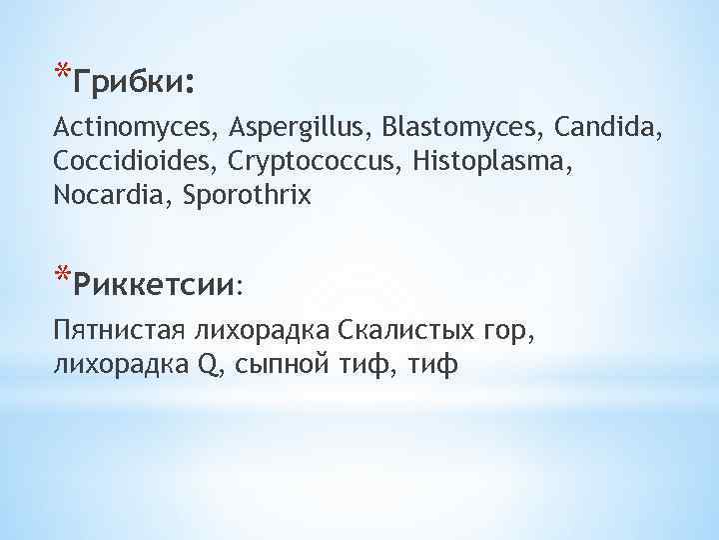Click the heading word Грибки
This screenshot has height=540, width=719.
coord(133,82)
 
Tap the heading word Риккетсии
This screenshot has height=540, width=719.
coord(158,284)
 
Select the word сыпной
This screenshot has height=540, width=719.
coord(281,366)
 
